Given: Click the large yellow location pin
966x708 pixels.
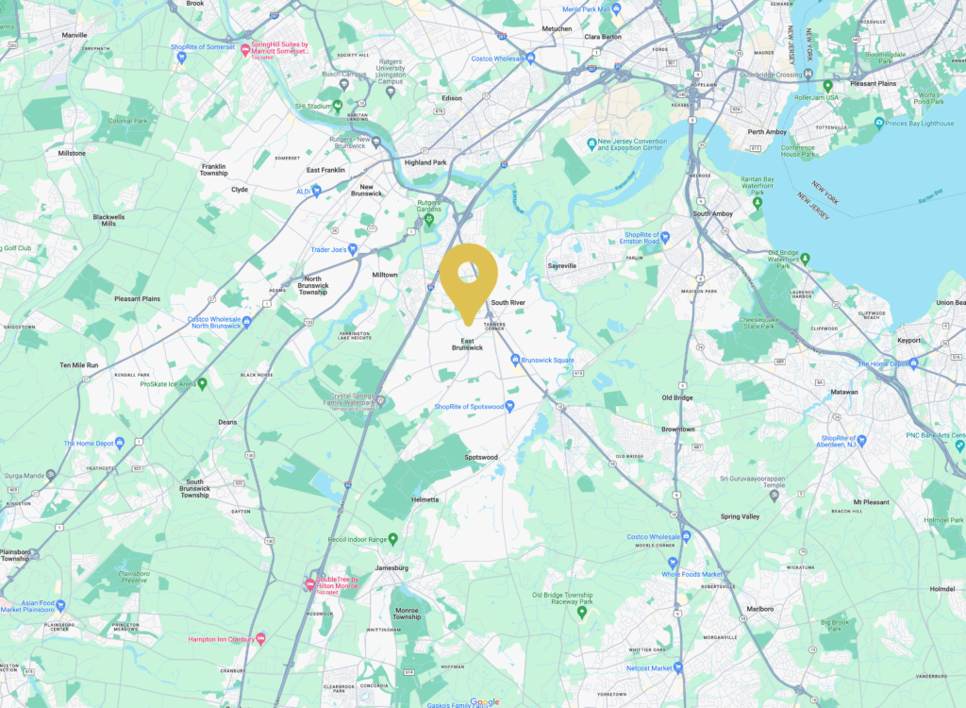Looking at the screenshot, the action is click(469, 277).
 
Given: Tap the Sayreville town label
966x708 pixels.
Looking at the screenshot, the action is click(562, 266).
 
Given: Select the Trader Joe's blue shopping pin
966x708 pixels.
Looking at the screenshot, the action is click(353, 250).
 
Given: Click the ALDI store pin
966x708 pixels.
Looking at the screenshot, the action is click(317, 190).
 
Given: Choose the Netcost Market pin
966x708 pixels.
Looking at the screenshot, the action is click(677, 667).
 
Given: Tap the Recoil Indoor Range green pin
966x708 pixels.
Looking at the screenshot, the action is click(393, 539).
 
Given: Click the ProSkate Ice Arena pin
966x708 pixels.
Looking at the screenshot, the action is click(202, 384).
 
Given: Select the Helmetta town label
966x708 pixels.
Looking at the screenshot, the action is click(425, 499).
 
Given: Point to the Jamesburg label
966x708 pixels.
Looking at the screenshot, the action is click(390, 568).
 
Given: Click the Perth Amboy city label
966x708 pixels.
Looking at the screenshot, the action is click(767, 132).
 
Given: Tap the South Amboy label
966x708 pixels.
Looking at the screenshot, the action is click(713, 214).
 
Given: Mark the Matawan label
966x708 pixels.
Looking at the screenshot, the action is click(843, 391).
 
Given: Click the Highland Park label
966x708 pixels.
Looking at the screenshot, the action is click(425, 162).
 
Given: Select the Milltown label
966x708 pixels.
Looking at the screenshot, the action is click(385, 275).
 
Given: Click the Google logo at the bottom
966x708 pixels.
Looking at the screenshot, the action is click(484, 701).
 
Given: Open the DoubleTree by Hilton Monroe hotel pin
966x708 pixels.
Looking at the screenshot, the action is click(309, 585).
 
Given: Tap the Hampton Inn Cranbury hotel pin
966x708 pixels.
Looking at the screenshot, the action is click(260, 639).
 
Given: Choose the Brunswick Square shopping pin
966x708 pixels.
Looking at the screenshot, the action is click(515, 360).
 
